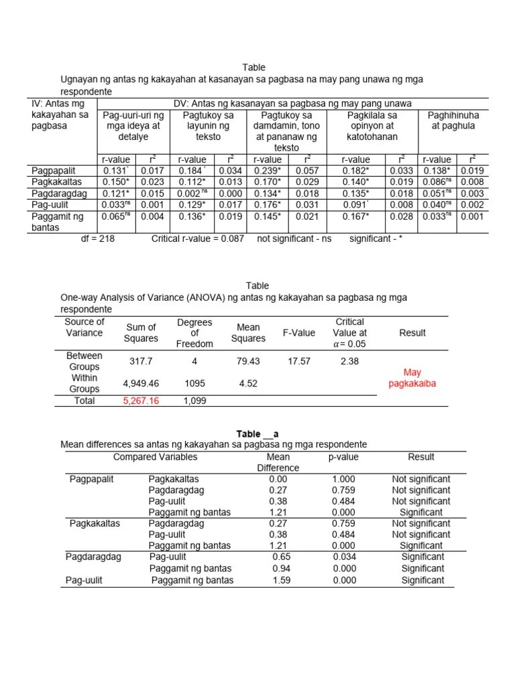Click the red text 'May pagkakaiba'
[x=412, y=378]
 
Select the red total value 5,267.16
[x=141, y=401]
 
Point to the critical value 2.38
[x=349, y=361]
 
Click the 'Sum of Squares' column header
[x=141, y=333]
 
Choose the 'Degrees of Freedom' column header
[x=194, y=333]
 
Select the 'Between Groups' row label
[x=84, y=361]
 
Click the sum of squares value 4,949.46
[x=141, y=384]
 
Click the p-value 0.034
[x=344, y=557]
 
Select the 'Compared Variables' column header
[x=156, y=457]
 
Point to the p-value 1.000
[x=344, y=479]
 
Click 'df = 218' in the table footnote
[x=98, y=238]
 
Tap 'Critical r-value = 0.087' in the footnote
[x=198, y=238]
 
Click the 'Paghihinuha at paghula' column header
[x=453, y=120]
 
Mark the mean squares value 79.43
[x=248, y=361]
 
